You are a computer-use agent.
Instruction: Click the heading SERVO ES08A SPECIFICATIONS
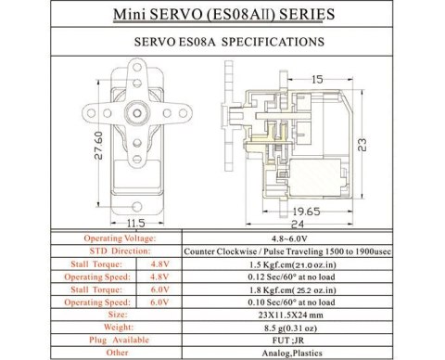coord(222,42)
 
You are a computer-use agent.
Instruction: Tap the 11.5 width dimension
coord(135,224)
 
